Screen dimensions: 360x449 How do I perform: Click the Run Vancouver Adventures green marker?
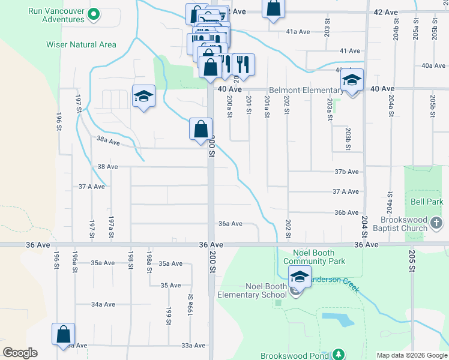(93, 13)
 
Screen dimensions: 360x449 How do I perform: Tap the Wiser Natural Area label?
(81, 44)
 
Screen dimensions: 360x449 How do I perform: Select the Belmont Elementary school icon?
(353, 80)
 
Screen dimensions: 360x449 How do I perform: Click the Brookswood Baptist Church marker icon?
(436, 224)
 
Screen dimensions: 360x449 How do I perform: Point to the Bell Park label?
(426, 202)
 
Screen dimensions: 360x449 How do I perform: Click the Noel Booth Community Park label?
(314, 257)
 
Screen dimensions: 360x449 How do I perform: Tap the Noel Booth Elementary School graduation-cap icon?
(298, 277)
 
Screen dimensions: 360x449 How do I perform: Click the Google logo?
(20, 353)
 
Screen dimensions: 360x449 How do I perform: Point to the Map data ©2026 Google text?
(411, 355)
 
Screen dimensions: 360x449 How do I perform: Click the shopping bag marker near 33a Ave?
(63, 335)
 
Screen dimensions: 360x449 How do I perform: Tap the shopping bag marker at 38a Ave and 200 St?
(200, 129)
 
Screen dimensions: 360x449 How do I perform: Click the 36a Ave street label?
(230, 224)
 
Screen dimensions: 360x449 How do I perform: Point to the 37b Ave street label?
(346, 172)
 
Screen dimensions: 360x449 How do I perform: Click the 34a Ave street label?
(103, 304)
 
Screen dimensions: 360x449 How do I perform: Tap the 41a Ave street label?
(298, 31)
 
